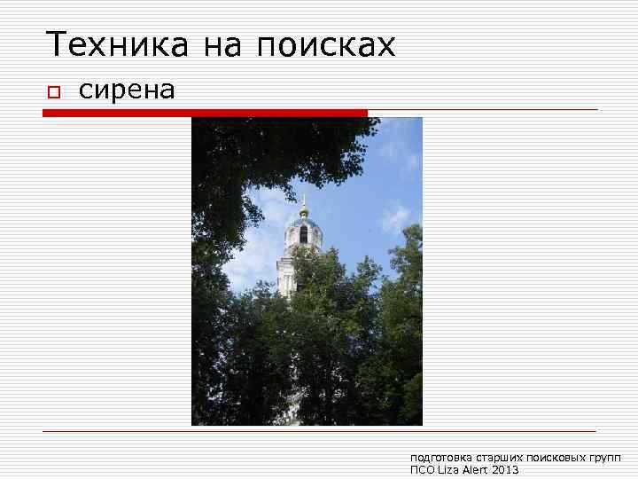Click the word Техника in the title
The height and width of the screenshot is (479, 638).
(116, 43)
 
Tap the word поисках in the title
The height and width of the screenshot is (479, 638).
(325, 45)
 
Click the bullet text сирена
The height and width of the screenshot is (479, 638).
(128, 90)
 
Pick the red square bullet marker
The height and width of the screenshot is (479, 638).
(53, 92)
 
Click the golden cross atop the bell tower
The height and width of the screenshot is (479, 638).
(303, 199)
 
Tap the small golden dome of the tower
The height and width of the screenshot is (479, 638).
(303, 212)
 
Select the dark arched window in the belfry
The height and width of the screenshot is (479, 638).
(303, 234)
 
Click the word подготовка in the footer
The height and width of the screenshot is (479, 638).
(441, 458)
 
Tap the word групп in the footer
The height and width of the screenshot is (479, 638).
(607, 458)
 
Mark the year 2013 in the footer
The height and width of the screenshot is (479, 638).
(505, 470)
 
